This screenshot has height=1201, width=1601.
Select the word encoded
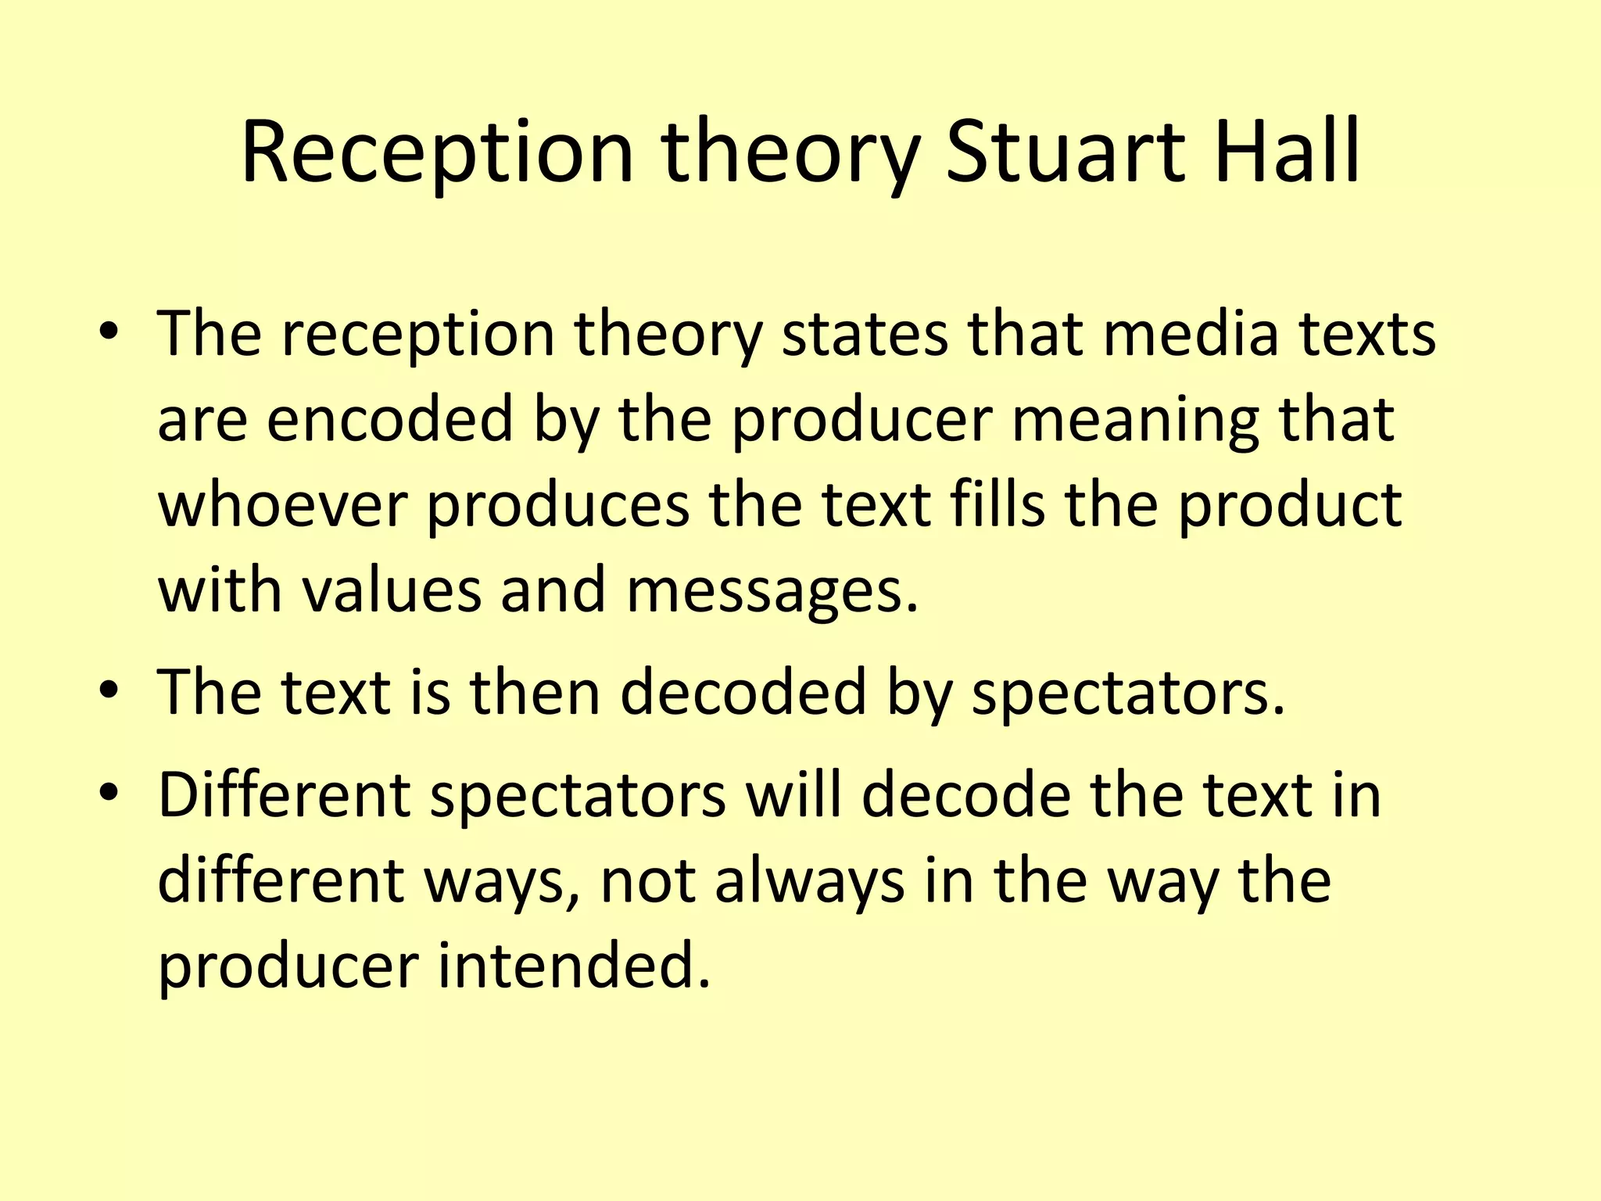point(390,419)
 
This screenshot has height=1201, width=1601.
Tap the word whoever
point(283,505)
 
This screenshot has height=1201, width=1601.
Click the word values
point(392,590)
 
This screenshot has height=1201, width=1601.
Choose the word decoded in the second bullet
point(743,691)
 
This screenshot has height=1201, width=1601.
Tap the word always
point(809,880)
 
